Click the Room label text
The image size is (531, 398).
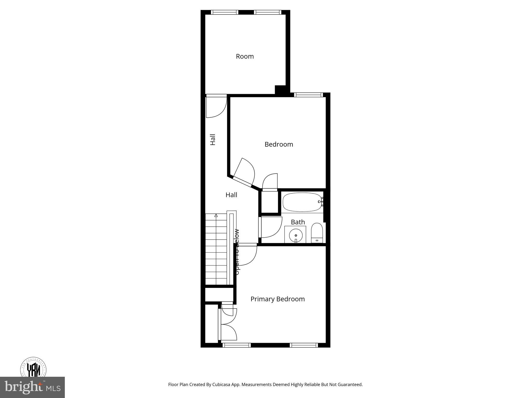(245, 56)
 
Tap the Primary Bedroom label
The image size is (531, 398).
(277, 299)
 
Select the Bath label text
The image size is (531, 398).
(298, 222)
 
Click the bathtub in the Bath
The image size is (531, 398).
(302, 202)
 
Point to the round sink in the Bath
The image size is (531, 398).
(296, 236)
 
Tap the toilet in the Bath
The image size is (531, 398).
(317, 232)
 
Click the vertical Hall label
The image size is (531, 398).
(213, 139)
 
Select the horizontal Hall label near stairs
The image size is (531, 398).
(231, 195)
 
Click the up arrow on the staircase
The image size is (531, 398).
(216, 215)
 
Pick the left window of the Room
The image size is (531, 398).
(225, 12)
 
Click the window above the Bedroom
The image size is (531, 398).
(309, 95)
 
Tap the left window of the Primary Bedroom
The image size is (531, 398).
(236, 345)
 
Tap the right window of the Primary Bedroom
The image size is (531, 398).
(304, 345)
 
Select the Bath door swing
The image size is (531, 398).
(271, 228)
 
